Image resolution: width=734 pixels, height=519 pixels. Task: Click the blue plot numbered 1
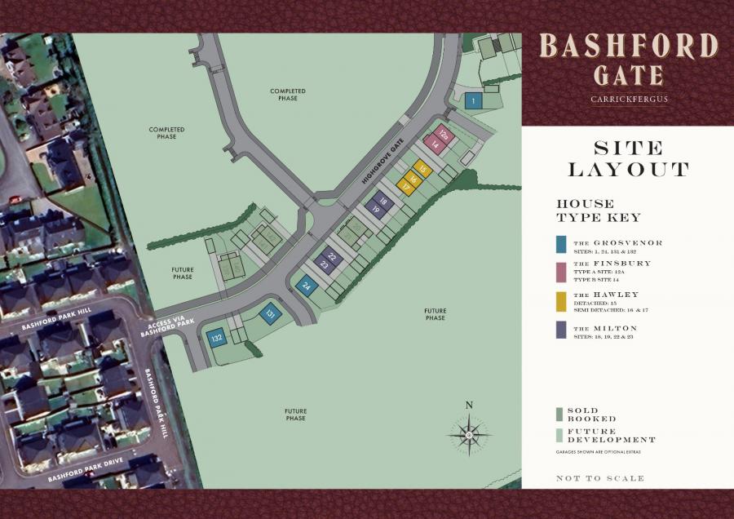tap(473, 101)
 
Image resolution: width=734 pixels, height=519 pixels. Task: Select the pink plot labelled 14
tap(435, 144)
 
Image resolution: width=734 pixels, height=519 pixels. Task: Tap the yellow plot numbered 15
tap(422, 168)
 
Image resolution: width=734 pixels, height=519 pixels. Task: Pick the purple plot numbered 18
tap(382, 199)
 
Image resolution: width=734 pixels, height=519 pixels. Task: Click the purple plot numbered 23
tap(324, 264)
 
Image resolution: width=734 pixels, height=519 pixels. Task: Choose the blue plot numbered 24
tap(307, 286)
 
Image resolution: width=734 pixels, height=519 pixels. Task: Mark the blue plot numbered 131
tap(270, 313)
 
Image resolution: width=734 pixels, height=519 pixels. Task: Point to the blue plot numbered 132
tap(216, 337)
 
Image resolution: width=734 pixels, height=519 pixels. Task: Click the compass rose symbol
tap(469, 433)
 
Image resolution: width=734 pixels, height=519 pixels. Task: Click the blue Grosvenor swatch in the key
tap(560, 244)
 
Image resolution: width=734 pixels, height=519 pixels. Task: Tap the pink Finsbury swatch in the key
tap(560, 268)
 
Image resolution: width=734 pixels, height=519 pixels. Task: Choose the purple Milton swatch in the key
tap(560, 330)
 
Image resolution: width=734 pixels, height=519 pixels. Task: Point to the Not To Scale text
tap(599, 478)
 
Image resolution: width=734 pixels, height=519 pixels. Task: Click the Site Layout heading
tap(628, 159)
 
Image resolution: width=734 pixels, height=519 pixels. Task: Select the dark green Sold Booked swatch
tap(559, 413)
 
